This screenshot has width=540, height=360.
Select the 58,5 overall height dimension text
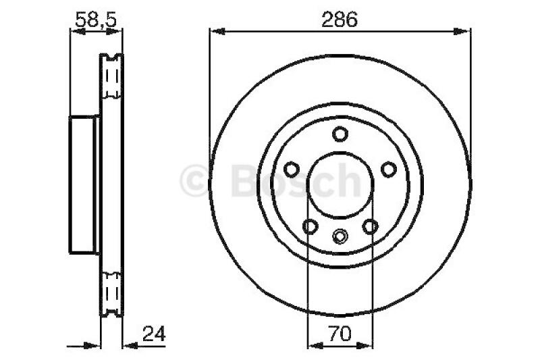pos(96,20)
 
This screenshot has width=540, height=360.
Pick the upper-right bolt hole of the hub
pos(388,169)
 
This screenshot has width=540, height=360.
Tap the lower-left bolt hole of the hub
pos(310,226)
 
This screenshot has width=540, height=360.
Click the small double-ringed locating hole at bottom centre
pos(340,236)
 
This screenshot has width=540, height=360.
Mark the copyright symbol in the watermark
pos(196,181)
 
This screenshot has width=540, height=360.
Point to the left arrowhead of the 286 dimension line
pos(215,30)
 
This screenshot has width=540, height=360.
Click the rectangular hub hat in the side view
pos(84,184)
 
